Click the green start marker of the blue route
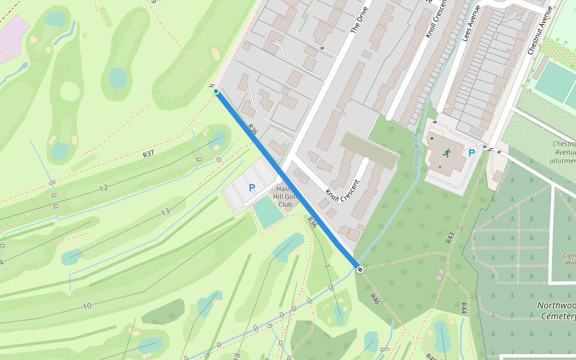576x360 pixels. pyautogui.click(x=216, y=92)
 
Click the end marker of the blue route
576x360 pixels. pyautogui.click(x=359, y=269)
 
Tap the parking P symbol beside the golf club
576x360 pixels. pyautogui.click(x=252, y=188)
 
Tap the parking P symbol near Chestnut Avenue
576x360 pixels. pyautogui.click(x=472, y=153)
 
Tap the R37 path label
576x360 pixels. pyautogui.click(x=148, y=154)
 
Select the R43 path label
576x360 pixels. pyautogui.click(x=450, y=237)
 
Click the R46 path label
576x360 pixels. pyautogui.click(x=374, y=298)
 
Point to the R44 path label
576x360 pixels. pyautogui.click(x=463, y=308)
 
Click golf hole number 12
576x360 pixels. pyautogui.click(x=103, y=188)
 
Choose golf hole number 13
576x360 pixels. pyautogui.click(x=165, y=212)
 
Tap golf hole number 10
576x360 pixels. pyautogui.click(x=87, y=306)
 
